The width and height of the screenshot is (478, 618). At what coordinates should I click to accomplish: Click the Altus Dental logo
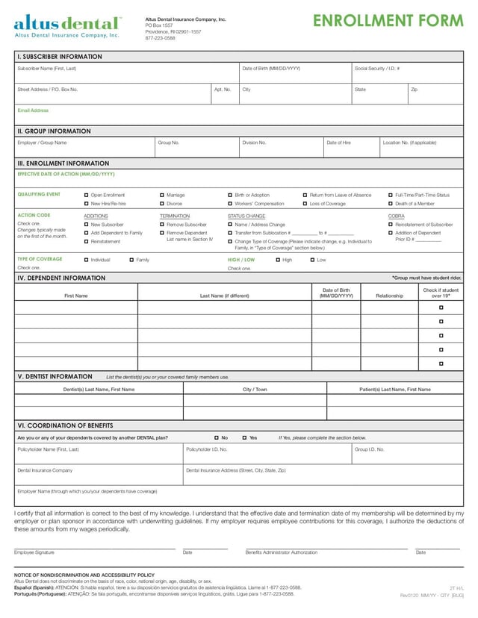point(67,25)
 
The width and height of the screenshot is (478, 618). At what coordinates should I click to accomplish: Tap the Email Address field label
point(33,110)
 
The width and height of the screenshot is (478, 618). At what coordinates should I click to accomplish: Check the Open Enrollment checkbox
point(87,195)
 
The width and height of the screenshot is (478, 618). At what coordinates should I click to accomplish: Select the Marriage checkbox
point(162,195)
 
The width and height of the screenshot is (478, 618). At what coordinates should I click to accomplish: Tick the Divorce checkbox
point(162,204)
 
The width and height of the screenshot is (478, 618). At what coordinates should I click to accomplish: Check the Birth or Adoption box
point(230,195)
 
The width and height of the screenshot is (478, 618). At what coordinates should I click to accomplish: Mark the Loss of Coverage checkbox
point(305,204)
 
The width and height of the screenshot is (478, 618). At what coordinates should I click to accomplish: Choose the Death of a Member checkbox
point(391,204)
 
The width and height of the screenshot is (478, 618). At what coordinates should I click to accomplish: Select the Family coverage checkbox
point(131,260)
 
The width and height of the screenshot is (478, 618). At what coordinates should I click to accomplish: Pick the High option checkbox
point(278,260)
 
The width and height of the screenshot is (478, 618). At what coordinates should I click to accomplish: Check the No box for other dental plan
point(216,437)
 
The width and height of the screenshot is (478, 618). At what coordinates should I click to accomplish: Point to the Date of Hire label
point(338,143)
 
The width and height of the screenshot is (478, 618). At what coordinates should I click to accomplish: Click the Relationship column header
point(389,296)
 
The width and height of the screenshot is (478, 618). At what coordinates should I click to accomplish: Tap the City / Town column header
point(255,389)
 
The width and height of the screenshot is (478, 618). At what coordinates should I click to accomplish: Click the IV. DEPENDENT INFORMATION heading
point(61,278)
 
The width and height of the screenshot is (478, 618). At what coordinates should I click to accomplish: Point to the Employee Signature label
point(34,552)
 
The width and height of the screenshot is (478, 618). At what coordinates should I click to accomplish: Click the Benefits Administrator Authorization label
point(281,552)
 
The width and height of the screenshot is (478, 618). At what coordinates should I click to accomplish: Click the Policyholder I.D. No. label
point(207,449)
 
